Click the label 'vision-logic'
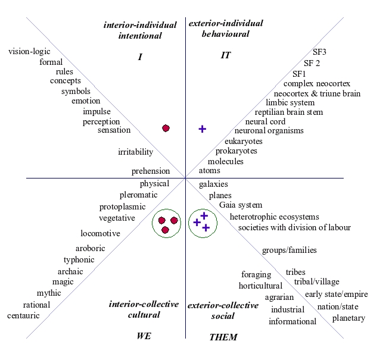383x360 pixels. (29, 51)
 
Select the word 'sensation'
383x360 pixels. (114, 130)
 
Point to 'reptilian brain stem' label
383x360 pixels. (289, 112)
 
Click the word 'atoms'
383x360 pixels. (209, 171)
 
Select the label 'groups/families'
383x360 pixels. (289, 250)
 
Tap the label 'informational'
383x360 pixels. (292, 321)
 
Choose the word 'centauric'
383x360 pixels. (23, 315)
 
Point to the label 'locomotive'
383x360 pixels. (100, 233)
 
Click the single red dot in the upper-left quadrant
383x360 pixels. (166, 128)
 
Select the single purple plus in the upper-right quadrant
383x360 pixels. (202, 129)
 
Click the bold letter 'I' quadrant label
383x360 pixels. (139, 57)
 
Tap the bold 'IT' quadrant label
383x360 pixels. (225, 55)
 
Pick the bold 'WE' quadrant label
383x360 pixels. (144, 336)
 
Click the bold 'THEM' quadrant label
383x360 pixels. (223, 337)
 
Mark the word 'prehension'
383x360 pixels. (151, 171)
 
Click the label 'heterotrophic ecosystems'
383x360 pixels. (274, 217)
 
